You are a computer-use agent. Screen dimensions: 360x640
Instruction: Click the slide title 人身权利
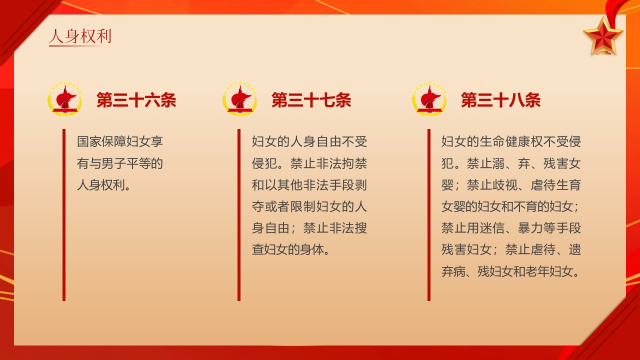(80, 36)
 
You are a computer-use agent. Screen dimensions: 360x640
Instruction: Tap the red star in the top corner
(603, 35)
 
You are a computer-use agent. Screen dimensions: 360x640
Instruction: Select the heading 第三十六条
(136, 100)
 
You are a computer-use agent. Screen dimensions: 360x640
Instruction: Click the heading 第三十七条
(311, 100)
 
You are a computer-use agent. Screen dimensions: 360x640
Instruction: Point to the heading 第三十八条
(500, 100)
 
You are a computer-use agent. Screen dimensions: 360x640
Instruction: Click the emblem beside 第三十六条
(64, 99)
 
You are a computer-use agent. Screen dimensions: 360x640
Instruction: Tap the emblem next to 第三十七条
(239, 99)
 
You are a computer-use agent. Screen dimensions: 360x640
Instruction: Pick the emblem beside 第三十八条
(429, 99)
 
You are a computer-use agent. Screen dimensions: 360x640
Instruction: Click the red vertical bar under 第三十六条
(64, 215)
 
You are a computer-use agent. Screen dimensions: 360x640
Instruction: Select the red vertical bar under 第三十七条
(239, 215)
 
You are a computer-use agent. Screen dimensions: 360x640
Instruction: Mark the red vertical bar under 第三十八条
(429, 215)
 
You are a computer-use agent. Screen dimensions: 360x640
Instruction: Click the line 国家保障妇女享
(120, 141)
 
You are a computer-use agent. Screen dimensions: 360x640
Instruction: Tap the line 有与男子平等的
(120, 163)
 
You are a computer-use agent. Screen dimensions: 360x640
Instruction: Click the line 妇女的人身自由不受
(309, 141)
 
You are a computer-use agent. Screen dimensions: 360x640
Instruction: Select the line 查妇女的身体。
(290, 249)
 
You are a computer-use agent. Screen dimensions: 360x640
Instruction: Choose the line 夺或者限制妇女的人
(309, 206)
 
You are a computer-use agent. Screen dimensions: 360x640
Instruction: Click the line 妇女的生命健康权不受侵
(511, 141)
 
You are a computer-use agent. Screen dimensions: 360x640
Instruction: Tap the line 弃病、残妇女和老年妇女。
(511, 271)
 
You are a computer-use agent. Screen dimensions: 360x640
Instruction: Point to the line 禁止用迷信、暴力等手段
(511, 228)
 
